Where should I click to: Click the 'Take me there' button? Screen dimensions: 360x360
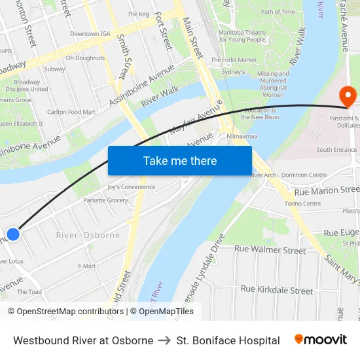click(180, 160)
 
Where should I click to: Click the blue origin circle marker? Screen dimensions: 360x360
click(13, 234)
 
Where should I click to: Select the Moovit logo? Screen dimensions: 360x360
click(321, 340)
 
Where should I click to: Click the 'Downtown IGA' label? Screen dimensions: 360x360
click(90, 33)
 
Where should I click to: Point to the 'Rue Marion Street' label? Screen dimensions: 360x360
click(327, 190)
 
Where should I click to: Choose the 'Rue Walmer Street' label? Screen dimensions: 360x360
click(270, 250)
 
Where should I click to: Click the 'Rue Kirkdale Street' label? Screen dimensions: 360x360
click(277, 289)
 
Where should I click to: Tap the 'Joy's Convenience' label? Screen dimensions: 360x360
click(132, 187)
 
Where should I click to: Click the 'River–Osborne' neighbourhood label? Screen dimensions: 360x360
click(88, 235)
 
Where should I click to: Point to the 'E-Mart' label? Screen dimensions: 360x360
click(87, 266)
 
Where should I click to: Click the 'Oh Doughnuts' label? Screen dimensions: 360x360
click(84, 58)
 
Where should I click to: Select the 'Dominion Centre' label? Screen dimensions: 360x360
click(304, 175)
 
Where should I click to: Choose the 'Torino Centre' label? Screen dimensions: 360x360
click(302, 204)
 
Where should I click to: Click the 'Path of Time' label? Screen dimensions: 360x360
click(278, 12)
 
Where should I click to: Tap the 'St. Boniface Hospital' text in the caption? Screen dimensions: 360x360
click(228, 340)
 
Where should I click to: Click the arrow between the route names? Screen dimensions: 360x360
click(165, 340)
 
